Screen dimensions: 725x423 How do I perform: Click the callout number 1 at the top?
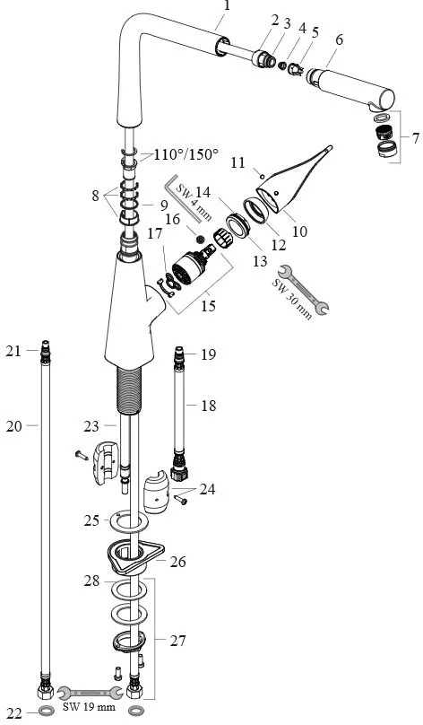click(226, 7)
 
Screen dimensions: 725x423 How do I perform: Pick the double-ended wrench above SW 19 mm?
click(90, 693)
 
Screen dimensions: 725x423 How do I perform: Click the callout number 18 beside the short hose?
click(208, 406)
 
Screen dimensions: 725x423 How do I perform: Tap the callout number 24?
click(207, 489)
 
